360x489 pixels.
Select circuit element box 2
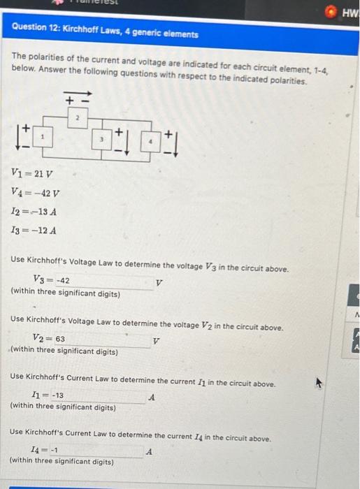(79, 121)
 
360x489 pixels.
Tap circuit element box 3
(102, 140)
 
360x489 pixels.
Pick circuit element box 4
(149, 140)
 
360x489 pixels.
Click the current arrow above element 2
(77, 93)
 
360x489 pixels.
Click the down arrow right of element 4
(175, 144)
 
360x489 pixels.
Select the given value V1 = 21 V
(33, 174)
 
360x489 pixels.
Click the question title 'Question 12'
(105, 34)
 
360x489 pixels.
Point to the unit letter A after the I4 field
(149, 451)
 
